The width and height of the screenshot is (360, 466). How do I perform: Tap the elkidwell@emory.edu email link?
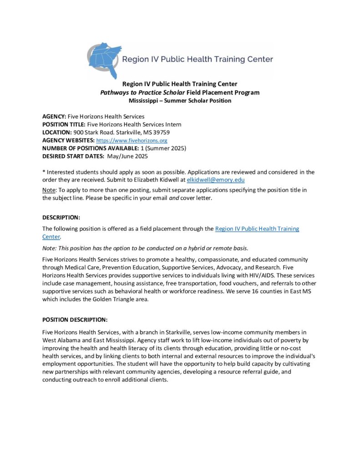pos(216,180)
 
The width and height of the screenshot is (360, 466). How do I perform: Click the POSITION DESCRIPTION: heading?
pos(75,319)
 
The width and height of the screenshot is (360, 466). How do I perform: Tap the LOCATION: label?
pos(57,132)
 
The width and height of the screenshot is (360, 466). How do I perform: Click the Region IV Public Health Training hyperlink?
pos(257,229)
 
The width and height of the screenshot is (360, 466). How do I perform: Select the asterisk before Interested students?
pos(44,172)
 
